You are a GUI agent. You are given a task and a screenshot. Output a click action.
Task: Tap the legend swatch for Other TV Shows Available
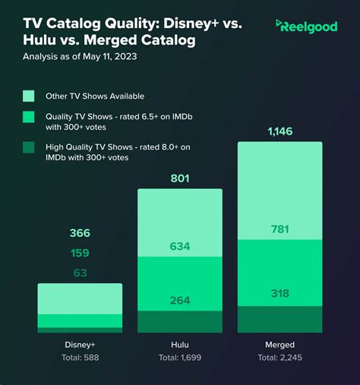[x=29, y=96]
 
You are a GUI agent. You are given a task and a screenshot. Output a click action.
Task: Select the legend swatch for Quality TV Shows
[x=29, y=116]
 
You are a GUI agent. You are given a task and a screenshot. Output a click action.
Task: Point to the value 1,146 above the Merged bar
[x=280, y=132]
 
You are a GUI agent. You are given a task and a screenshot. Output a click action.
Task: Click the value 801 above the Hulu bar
[x=179, y=179]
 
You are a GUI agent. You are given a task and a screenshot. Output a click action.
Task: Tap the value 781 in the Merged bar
[x=280, y=229]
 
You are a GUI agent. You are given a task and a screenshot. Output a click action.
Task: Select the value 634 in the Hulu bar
[x=179, y=246]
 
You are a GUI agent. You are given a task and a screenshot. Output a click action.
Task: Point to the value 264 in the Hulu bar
[x=179, y=300]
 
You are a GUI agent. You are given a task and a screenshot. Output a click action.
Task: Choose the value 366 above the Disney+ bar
[x=80, y=233]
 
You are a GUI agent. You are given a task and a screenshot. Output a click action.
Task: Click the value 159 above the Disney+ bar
[x=80, y=253]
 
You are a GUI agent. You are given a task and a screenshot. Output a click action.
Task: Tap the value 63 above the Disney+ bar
[x=80, y=273]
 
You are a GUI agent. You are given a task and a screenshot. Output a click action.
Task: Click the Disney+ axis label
[x=80, y=344]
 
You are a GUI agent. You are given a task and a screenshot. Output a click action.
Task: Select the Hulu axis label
[x=179, y=344]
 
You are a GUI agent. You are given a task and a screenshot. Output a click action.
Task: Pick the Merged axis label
[x=280, y=344]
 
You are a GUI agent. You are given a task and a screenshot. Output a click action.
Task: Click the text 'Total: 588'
[x=80, y=357]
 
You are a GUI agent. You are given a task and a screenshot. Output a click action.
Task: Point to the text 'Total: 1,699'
[x=179, y=357]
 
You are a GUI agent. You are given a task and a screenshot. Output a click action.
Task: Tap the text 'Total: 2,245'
[x=280, y=357]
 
